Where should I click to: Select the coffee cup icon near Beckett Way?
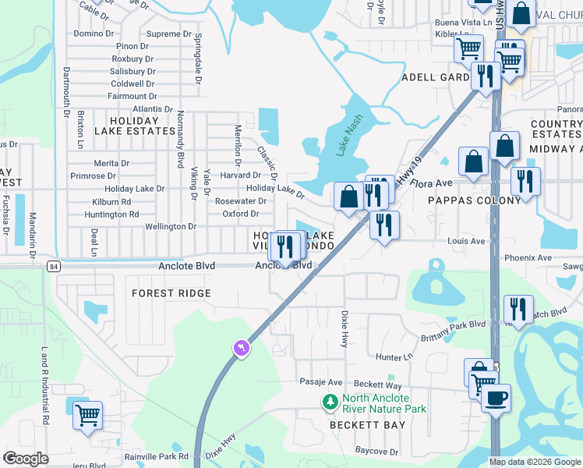click(496, 399)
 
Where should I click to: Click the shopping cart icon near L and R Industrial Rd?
click(88, 415)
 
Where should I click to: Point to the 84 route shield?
click(52, 266)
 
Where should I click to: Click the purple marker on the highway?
click(242, 348)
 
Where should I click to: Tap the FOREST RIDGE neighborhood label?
click(171, 293)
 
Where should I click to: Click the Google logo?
click(26, 459)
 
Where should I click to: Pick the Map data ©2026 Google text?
click(534, 462)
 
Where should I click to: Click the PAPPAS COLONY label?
click(474, 200)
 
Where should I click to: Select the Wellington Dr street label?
click(171, 226)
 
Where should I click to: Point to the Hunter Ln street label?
click(394, 356)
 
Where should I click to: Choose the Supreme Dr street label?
click(168, 34)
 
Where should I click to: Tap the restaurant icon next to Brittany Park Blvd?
click(518, 310)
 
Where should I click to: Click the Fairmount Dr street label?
click(132, 96)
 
